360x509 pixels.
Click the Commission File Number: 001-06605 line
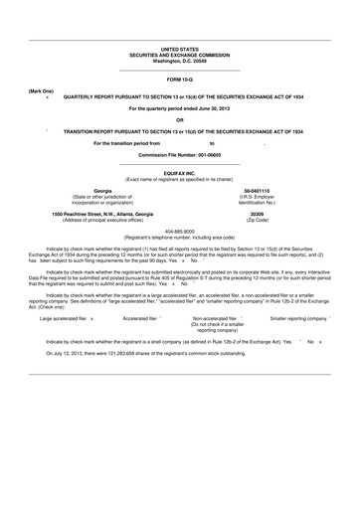pyautogui.click(x=180, y=155)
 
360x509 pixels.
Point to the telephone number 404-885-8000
pyautogui.click(x=180, y=232)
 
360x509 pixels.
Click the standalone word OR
pyautogui.click(x=180, y=120)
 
